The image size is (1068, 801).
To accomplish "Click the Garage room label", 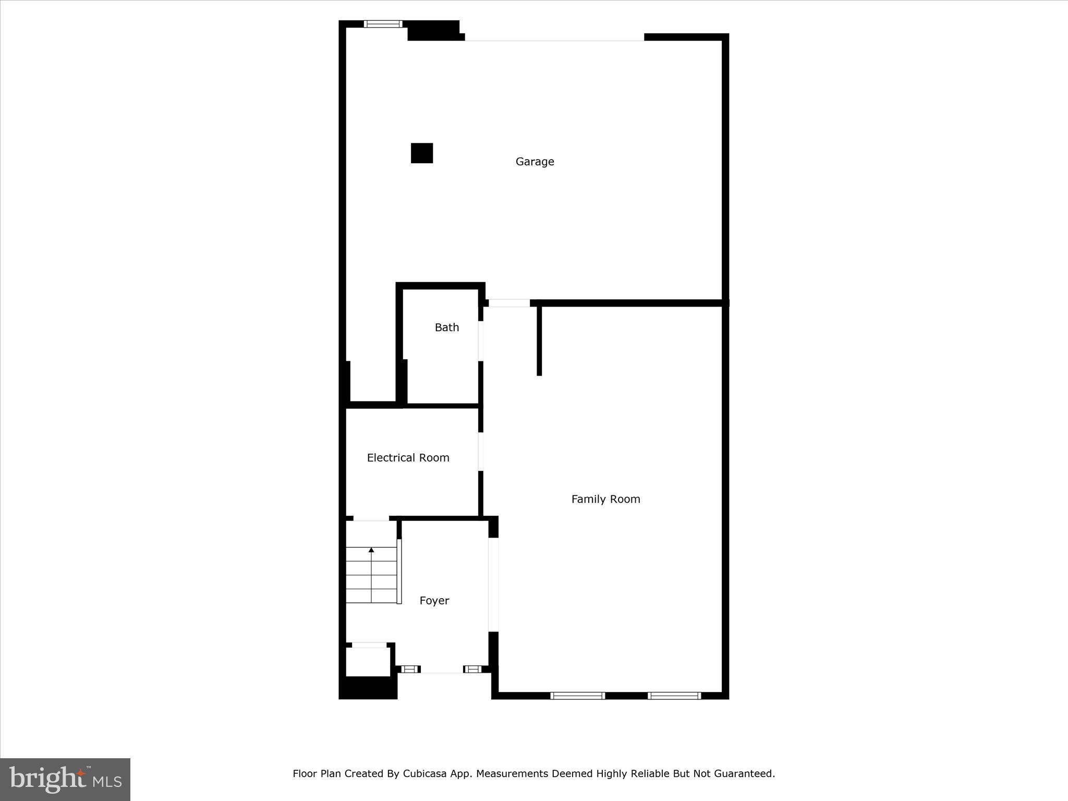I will point(535,162).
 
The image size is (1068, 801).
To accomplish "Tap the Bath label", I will point(447,327).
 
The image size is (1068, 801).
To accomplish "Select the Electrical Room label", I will point(408,458).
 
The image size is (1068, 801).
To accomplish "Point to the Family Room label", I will point(605,499).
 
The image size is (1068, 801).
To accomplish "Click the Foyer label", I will point(434,601).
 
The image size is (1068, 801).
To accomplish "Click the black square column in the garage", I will point(422,153).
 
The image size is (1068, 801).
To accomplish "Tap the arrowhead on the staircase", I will point(371,550).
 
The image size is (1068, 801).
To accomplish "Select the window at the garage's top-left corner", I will point(383,24).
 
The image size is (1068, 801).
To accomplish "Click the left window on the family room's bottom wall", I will point(577,695).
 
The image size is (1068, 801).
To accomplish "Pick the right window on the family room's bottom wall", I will point(674,695).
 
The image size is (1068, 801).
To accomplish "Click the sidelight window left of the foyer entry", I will point(410,669).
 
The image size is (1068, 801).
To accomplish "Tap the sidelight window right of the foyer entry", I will point(473,669).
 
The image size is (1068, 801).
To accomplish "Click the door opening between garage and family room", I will point(509,303).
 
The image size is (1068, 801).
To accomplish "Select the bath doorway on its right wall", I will point(481,341).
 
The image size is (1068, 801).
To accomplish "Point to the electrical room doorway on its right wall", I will point(481,452).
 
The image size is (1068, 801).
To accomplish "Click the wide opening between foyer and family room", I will point(493,585).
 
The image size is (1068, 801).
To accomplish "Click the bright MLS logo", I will point(65,779).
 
